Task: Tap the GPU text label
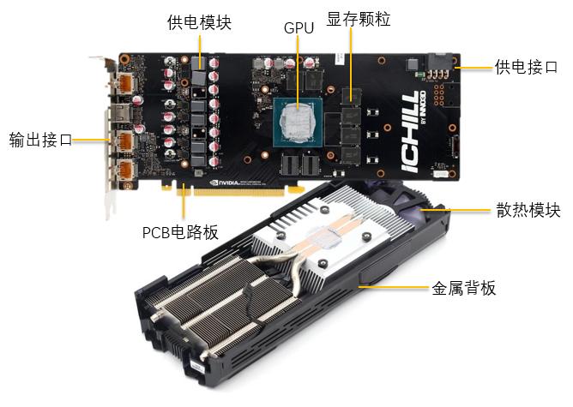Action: click(x=299, y=27)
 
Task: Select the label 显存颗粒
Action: click(x=359, y=19)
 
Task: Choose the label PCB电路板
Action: click(x=180, y=231)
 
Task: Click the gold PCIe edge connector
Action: click(x=249, y=190)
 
